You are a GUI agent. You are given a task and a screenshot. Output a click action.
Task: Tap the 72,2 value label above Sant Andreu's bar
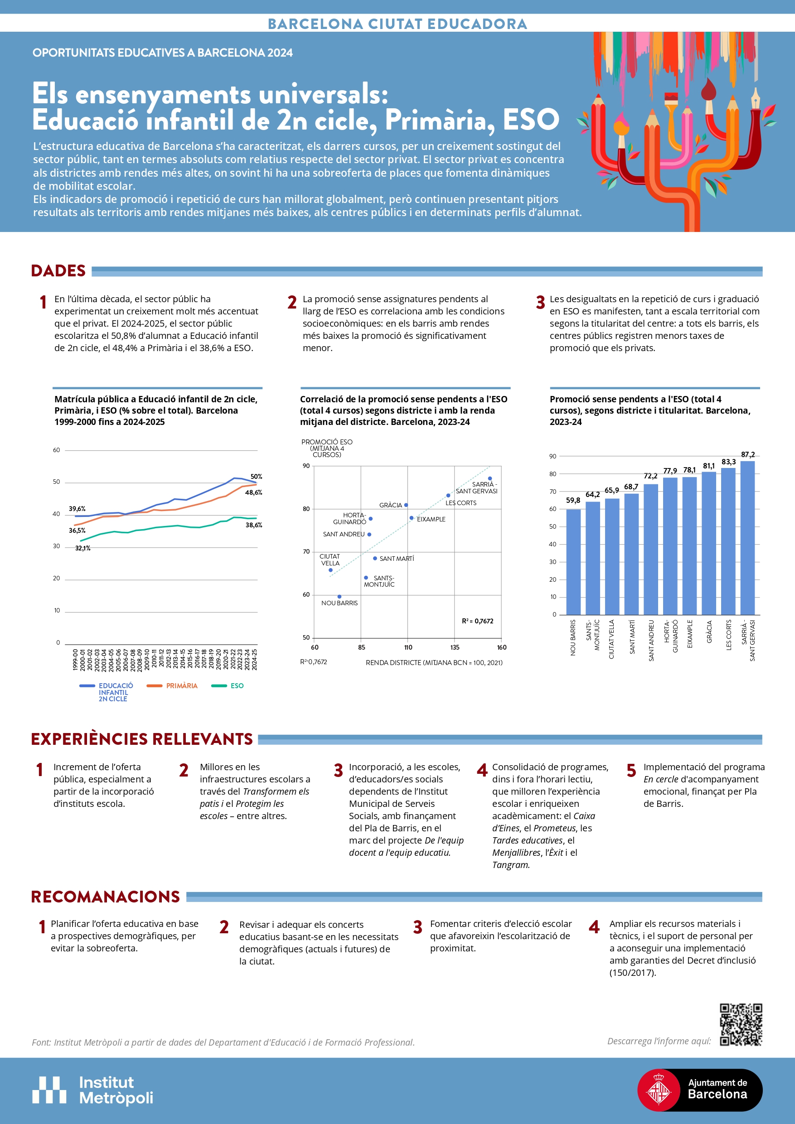coord(650,476)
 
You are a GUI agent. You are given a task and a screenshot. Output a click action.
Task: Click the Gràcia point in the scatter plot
coord(406,505)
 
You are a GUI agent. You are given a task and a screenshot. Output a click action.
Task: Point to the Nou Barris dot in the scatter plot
coord(339,596)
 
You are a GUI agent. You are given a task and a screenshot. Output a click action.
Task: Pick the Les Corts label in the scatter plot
coord(461,503)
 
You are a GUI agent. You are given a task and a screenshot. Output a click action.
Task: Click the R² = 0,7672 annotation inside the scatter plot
coord(478,621)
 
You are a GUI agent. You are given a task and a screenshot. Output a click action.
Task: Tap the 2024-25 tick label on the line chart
coord(254,660)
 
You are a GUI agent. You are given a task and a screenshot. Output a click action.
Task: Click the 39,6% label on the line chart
coord(77,509)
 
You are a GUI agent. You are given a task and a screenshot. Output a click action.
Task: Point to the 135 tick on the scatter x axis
coord(455,647)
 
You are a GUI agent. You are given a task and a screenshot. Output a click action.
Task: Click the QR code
coord(741,1025)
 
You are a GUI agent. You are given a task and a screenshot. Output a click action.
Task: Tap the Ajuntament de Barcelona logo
coord(699,1090)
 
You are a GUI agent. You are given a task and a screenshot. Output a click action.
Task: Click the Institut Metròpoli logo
coord(93,1090)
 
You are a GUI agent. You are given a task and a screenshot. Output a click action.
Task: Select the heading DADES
coord(58,271)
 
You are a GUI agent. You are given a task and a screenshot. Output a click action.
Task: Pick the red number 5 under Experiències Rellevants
coord(631,771)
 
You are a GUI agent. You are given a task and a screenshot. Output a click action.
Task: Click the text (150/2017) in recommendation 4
coord(632,973)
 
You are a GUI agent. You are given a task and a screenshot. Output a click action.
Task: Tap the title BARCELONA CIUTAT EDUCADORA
coord(397,24)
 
